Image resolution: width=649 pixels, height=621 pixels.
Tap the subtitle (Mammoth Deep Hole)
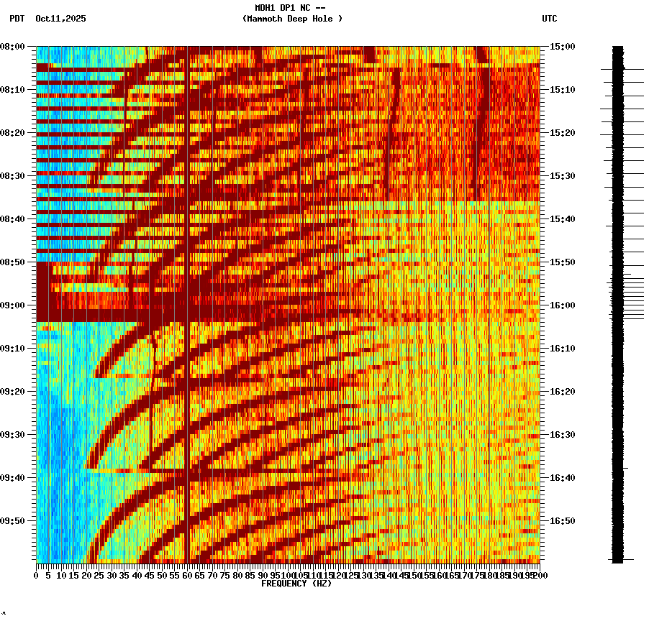pos(292,19)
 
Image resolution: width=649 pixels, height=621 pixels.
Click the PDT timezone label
pos(17,19)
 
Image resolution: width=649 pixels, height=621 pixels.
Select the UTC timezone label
pos(549,19)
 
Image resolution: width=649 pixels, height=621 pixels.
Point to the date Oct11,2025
pos(60,19)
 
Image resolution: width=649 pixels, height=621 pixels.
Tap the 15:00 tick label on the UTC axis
pos(562,47)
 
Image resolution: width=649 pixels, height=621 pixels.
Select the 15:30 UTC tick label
pos(562,176)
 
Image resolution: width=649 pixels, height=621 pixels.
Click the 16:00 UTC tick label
pos(562,305)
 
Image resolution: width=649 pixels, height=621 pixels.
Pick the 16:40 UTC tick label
pos(562,478)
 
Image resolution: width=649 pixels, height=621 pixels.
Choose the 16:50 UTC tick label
pos(562,521)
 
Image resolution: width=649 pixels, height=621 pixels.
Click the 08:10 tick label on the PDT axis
pos(14,90)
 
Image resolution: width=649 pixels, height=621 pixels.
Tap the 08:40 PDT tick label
pos(14,219)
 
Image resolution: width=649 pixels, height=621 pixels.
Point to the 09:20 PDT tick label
pos(14,392)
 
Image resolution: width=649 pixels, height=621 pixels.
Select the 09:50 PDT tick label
pos(14,521)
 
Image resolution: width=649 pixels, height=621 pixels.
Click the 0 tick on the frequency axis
pos(37,575)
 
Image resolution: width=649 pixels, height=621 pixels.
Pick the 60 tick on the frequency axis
pos(187,575)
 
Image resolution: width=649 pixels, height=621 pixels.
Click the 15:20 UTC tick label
pos(562,133)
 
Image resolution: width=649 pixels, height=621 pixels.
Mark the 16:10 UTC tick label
pos(562,349)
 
